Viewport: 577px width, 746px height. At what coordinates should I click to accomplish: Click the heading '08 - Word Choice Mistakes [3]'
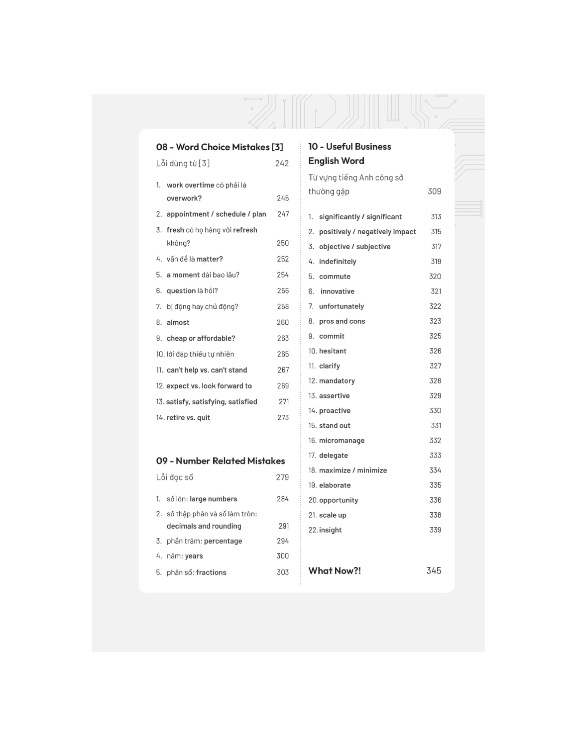(x=220, y=147)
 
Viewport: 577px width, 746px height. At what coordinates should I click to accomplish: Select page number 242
(x=282, y=163)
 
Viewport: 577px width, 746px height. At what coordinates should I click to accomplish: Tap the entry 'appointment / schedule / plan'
(x=216, y=214)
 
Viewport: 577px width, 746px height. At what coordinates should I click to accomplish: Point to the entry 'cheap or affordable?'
(x=201, y=339)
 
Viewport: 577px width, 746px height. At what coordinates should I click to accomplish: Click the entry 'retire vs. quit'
(x=188, y=418)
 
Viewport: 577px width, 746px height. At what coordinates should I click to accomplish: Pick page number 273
(x=283, y=418)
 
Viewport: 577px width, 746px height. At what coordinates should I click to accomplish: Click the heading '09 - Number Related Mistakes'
(x=221, y=461)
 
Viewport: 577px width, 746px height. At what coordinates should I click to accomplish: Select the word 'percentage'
(x=223, y=541)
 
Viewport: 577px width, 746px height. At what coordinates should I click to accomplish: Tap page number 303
(x=283, y=572)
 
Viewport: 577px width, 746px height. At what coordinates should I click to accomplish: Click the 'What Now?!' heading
(x=335, y=571)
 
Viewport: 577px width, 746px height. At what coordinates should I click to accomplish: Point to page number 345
(x=434, y=571)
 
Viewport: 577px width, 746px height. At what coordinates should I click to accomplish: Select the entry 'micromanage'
(x=342, y=441)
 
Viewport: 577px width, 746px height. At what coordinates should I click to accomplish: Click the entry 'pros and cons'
(x=342, y=321)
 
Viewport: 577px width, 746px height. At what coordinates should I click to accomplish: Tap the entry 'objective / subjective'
(x=354, y=247)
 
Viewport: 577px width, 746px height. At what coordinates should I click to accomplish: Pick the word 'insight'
(x=330, y=530)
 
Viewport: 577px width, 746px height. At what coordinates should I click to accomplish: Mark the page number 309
(x=434, y=191)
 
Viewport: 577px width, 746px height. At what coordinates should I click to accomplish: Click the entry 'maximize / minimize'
(x=352, y=470)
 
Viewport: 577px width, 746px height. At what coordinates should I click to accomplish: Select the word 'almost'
(x=178, y=323)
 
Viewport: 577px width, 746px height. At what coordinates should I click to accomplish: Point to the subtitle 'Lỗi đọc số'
(x=175, y=477)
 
